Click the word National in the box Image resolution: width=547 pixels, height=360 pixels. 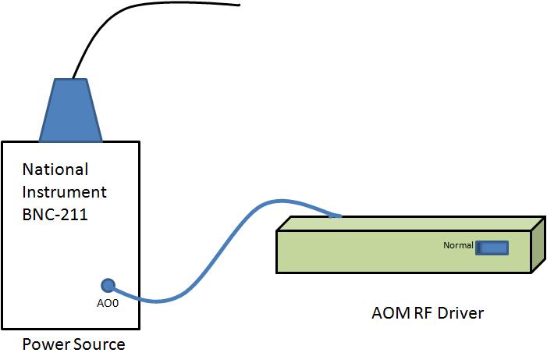[x=55, y=169]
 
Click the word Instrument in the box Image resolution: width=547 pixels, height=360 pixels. [x=65, y=191]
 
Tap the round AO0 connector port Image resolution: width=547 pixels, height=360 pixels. [x=108, y=286]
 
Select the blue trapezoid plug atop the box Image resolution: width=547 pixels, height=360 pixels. [x=70, y=109]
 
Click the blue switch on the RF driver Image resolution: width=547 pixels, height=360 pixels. [x=492, y=248]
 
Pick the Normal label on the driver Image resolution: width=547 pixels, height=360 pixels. [x=458, y=246]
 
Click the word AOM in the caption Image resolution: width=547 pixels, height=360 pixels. [x=389, y=314]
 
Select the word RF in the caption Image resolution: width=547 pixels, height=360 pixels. [x=422, y=314]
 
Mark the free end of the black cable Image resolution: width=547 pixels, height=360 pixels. [x=237, y=6]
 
